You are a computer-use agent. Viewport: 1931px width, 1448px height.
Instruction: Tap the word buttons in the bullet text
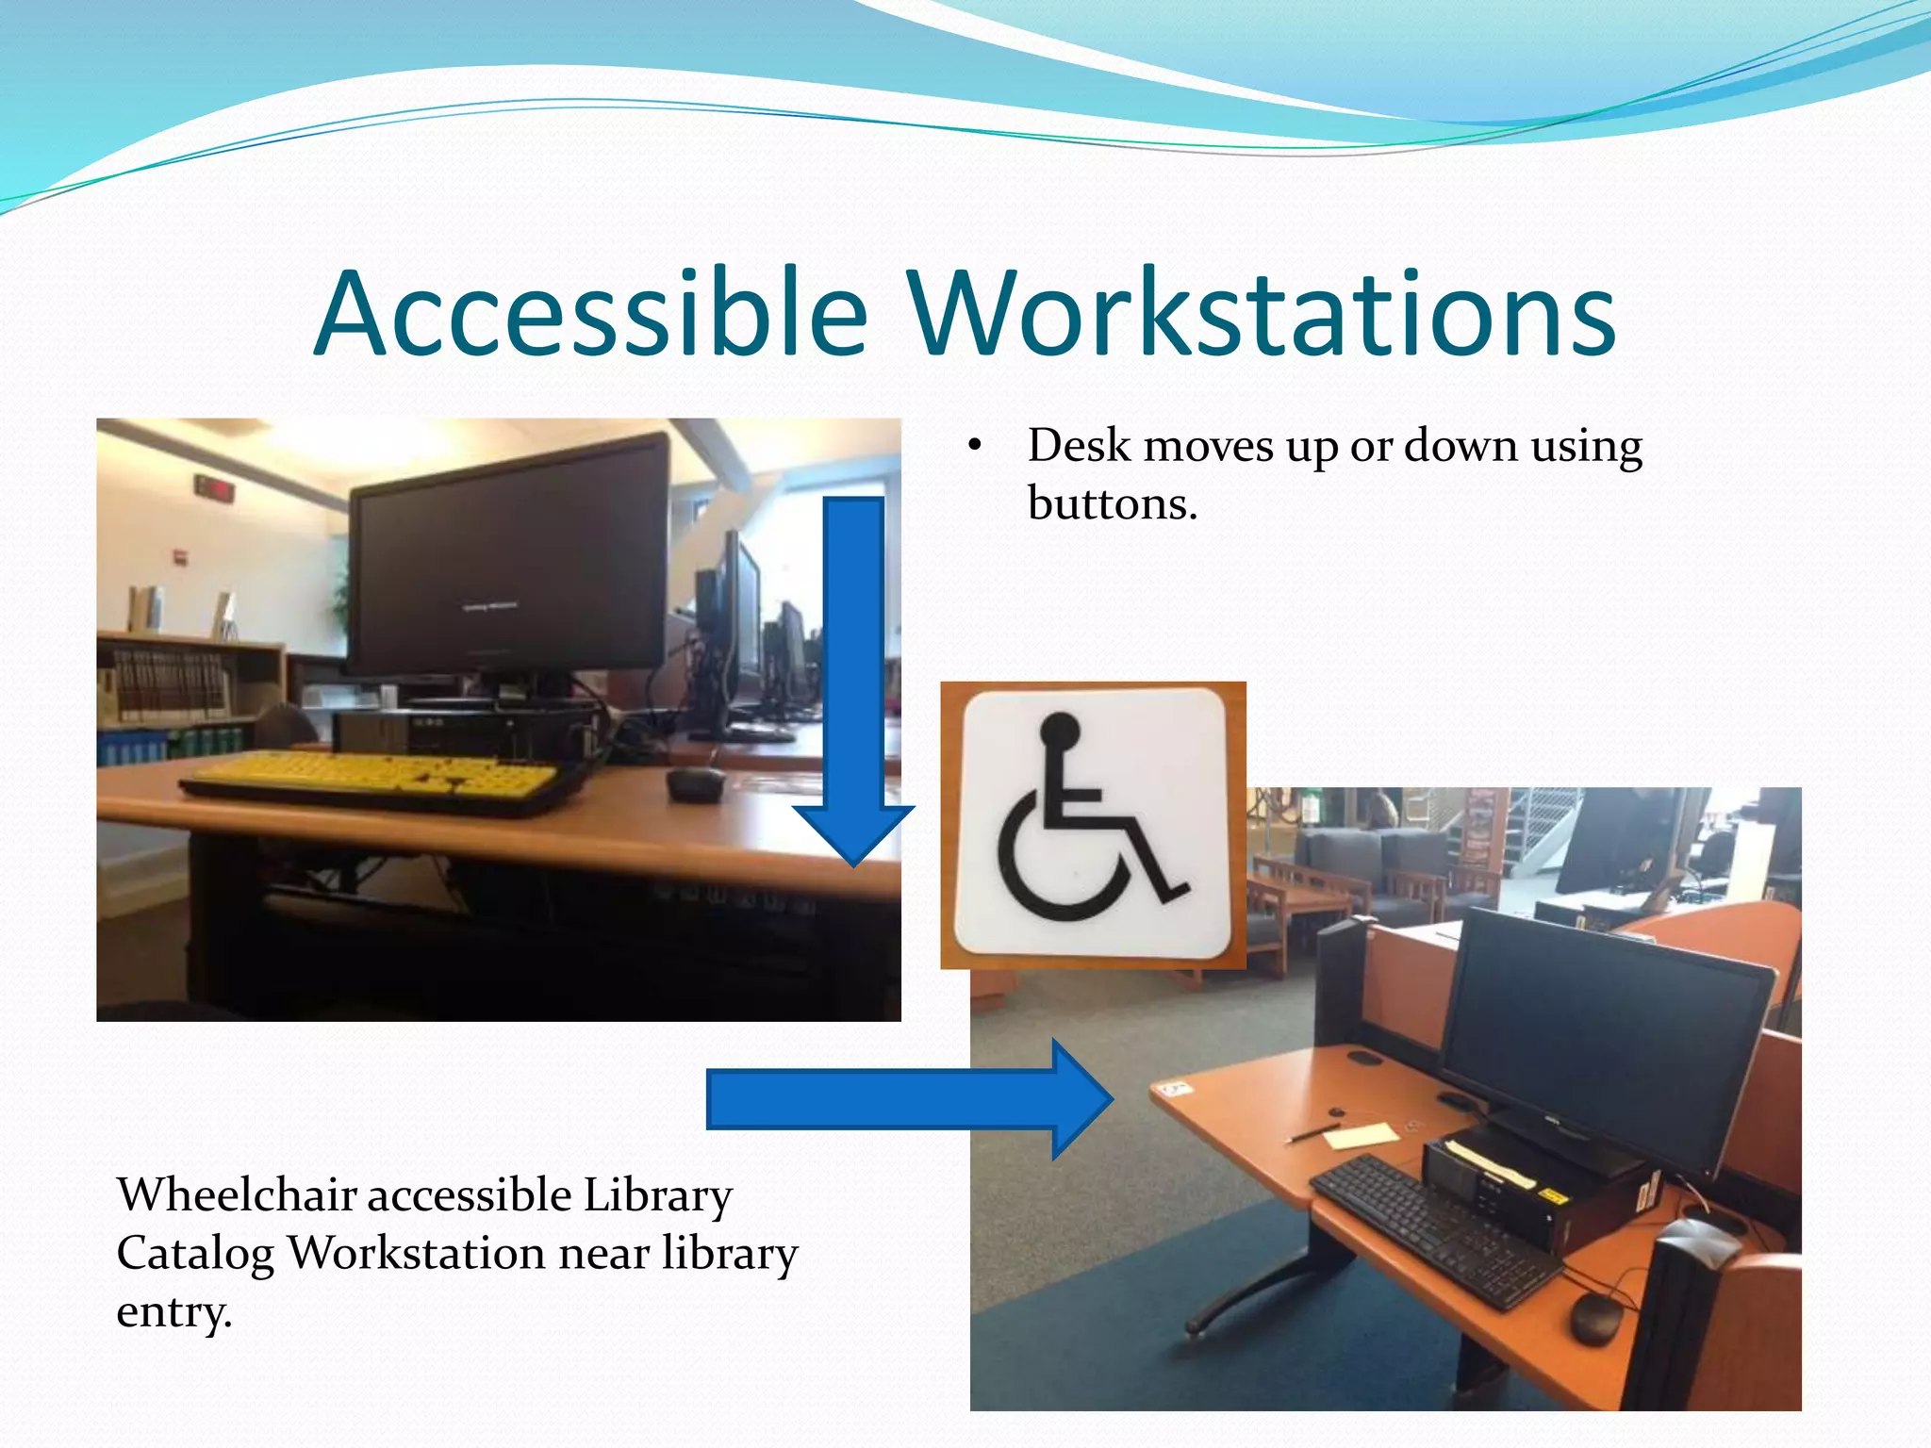(x=1112, y=503)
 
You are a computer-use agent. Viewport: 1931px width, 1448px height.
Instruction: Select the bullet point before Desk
(x=975, y=446)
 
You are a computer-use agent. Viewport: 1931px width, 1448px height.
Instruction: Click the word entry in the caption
(x=173, y=1312)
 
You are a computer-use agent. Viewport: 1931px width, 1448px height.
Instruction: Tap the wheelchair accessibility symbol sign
(x=1093, y=825)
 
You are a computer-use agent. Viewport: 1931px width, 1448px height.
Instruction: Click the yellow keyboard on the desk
(x=377, y=777)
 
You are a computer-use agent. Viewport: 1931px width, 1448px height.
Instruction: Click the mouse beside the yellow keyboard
(x=696, y=782)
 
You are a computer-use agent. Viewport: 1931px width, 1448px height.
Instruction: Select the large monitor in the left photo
(x=509, y=556)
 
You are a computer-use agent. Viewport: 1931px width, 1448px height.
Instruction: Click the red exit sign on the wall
(x=214, y=488)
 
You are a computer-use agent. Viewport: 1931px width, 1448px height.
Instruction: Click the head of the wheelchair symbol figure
(x=1060, y=729)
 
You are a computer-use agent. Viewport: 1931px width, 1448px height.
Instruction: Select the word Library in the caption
(x=657, y=1195)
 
